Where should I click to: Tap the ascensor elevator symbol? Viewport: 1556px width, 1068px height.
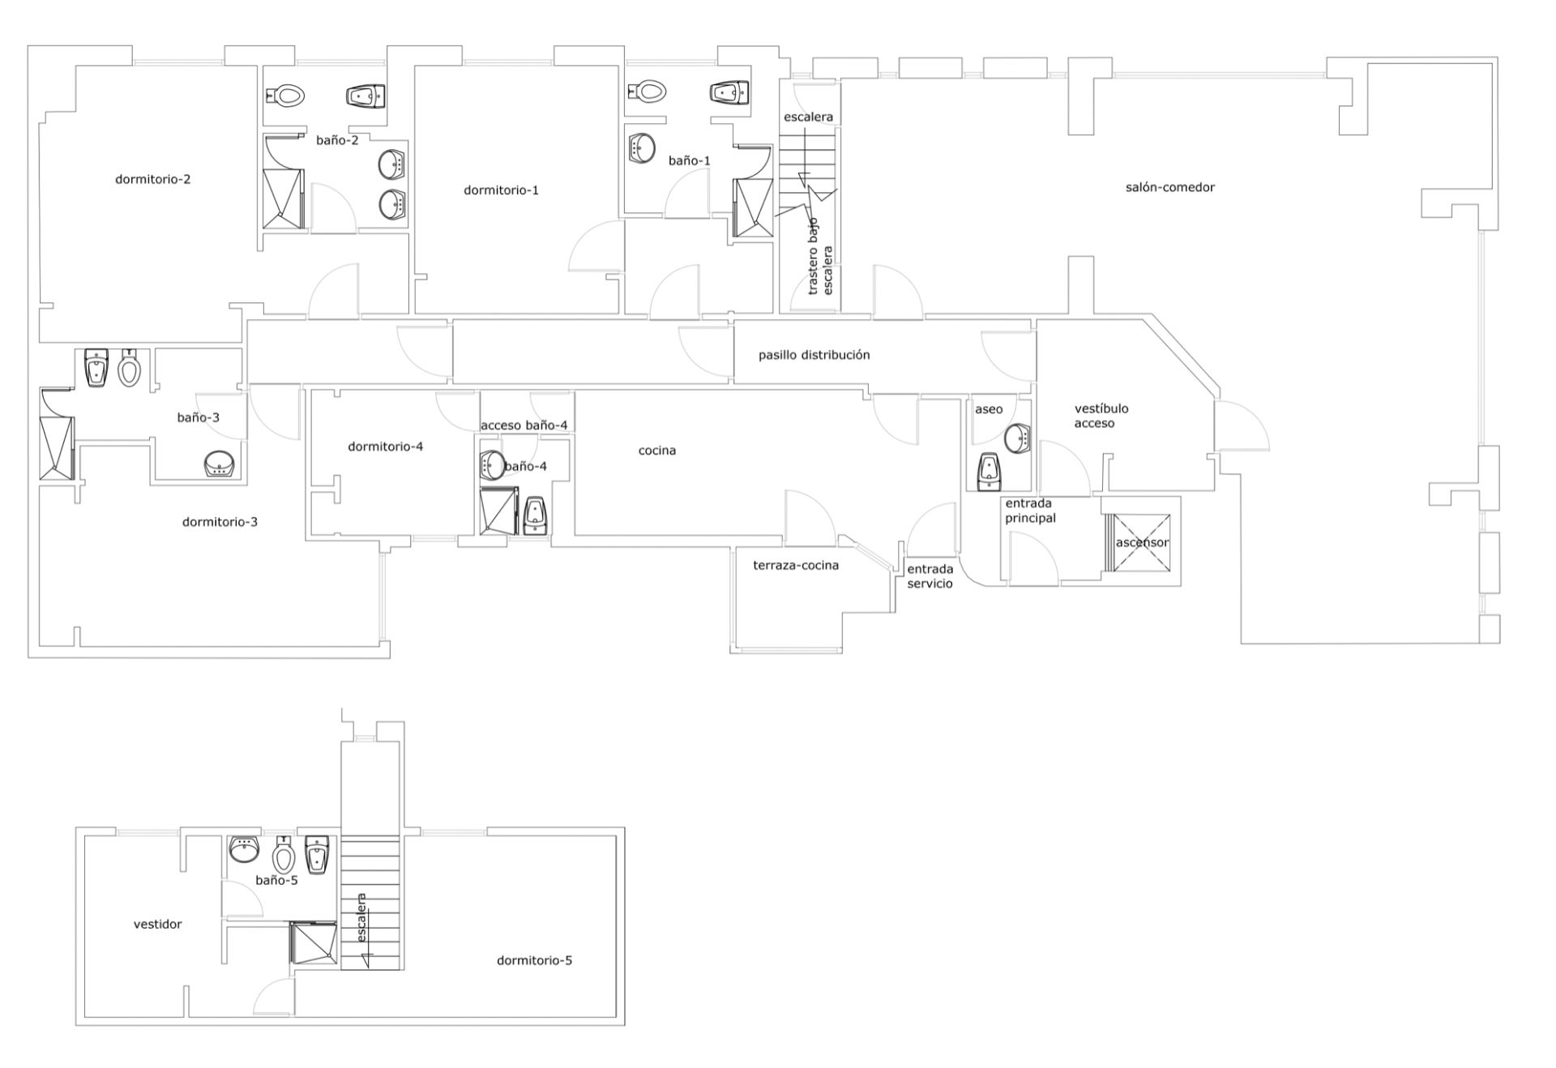pos(1142,542)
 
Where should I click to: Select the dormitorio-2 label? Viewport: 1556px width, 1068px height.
pos(153,179)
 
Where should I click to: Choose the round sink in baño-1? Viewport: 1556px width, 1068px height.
pos(643,148)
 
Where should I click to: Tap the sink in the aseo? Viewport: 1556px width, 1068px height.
pos(1017,438)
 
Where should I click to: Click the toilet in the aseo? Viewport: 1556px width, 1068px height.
pos(989,472)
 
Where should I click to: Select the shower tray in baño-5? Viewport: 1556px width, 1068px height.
pos(314,942)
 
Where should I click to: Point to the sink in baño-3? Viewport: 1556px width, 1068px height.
pos(220,465)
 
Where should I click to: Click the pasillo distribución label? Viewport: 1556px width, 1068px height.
pos(814,355)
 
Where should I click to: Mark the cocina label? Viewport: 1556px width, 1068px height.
pos(657,451)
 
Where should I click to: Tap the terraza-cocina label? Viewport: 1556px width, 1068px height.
pos(796,566)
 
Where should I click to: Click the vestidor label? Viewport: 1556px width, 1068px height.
pos(157,924)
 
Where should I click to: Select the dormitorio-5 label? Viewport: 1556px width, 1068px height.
pos(534,960)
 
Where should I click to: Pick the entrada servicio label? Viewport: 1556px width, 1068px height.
pos(930,576)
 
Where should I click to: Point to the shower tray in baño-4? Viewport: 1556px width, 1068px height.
pos(499,511)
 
